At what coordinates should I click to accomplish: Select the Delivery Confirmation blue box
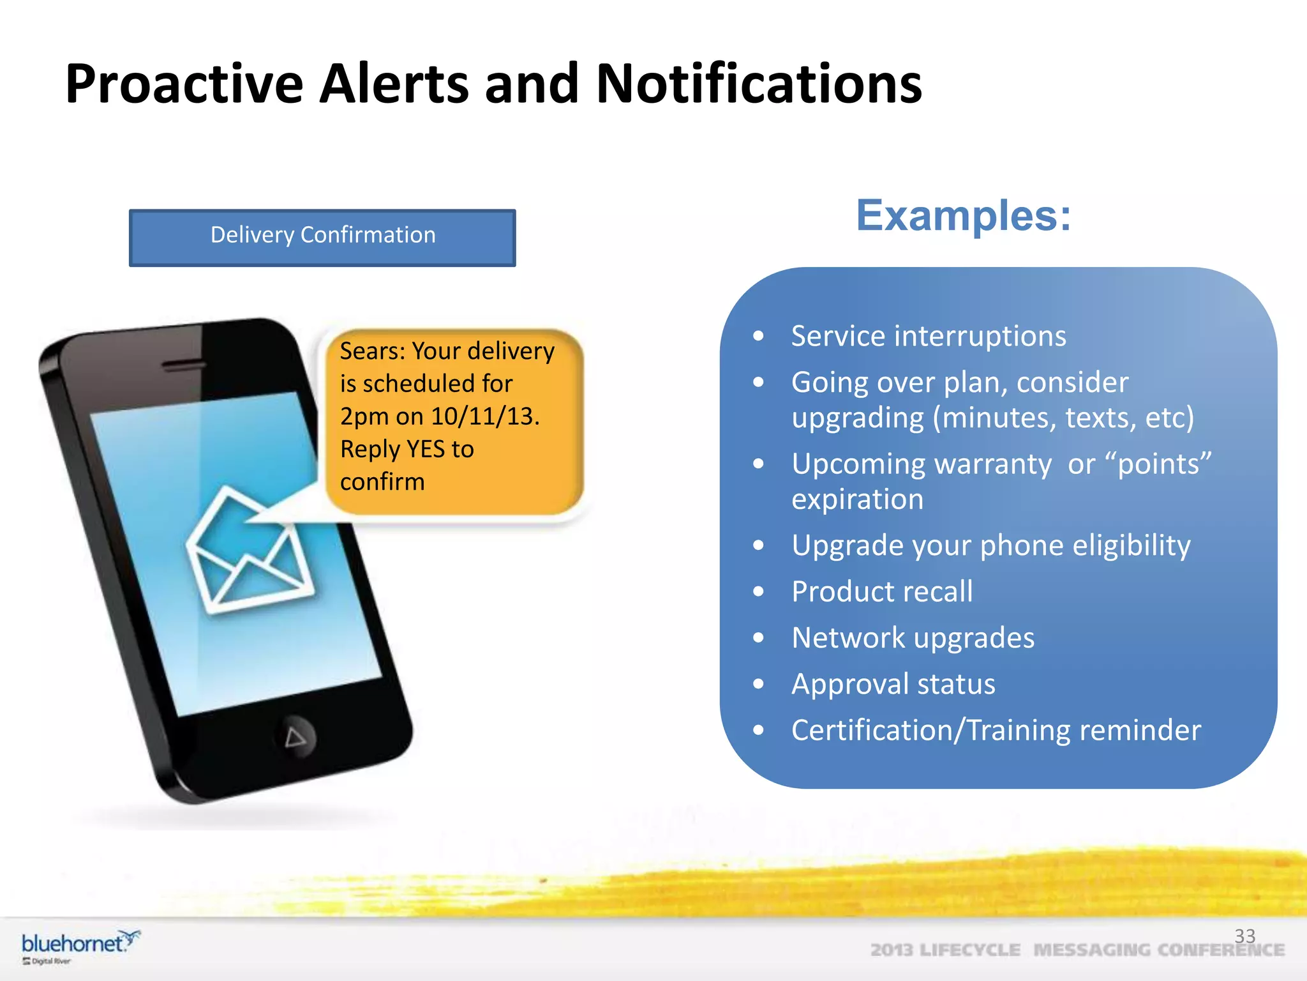click(x=322, y=237)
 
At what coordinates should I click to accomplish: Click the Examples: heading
click(x=963, y=216)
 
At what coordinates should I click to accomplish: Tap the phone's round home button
click(x=295, y=737)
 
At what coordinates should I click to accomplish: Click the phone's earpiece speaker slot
click(x=184, y=366)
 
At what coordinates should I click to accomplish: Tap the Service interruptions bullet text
click(x=928, y=337)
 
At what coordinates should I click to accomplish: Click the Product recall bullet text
click(x=882, y=591)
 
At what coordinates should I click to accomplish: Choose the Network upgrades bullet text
click(x=913, y=638)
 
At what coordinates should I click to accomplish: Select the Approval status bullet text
click(x=893, y=684)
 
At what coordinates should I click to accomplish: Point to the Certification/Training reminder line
click(x=996, y=730)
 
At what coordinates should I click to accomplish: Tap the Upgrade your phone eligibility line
click(x=990, y=545)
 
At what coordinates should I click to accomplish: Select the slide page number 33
click(x=1244, y=936)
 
